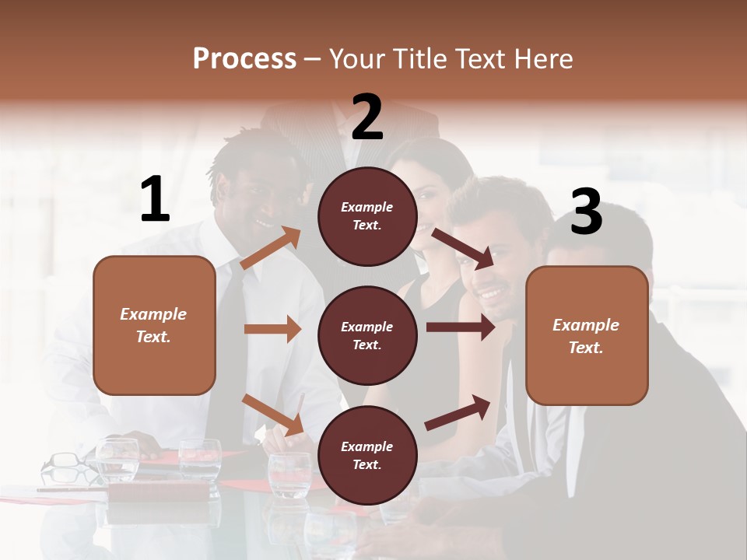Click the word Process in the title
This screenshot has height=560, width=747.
[x=244, y=59]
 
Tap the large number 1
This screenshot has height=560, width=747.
[x=155, y=200]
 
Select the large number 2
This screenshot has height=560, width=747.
[x=367, y=117]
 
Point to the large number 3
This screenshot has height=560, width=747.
[x=586, y=212]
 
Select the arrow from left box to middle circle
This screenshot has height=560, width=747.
[x=272, y=329]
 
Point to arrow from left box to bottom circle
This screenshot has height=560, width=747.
[x=272, y=415]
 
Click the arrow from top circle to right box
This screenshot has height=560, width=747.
[x=463, y=247]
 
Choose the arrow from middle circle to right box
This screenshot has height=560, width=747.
[x=460, y=327]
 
